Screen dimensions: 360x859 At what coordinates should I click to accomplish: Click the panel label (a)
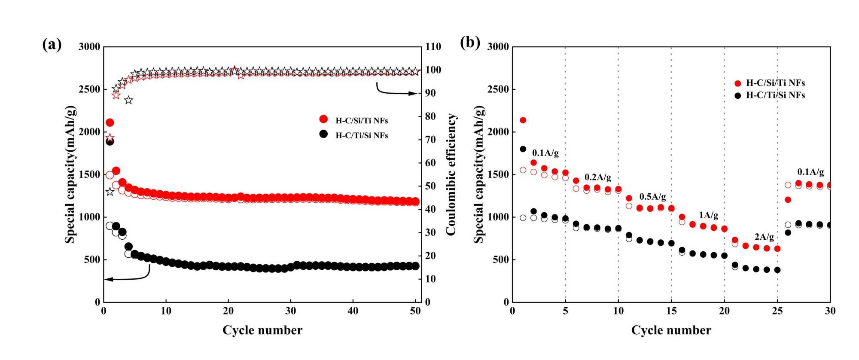click(x=52, y=44)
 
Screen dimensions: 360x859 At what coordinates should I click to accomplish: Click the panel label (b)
click(x=470, y=43)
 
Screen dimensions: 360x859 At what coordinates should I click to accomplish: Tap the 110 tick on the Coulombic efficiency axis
click(x=433, y=47)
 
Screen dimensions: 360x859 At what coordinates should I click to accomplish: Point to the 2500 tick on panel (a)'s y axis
click(x=89, y=89)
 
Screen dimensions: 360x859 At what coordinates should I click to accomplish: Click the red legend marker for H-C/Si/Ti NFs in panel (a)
click(x=323, y=119)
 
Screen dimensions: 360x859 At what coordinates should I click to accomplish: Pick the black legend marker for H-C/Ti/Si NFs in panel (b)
click(x=738, y=95)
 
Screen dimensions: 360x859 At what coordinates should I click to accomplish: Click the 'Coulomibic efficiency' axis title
click(x=451, y=174)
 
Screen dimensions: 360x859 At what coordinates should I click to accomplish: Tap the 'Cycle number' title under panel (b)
click(x=671, y=330)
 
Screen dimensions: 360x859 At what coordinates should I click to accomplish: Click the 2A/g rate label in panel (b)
click(x=764, y=237)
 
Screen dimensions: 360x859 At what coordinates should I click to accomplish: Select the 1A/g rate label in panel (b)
click(x=708, y=215)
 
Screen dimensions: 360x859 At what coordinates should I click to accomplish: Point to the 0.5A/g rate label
click(x=652, y=197)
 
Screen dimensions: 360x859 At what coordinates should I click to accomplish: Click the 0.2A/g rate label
click(x=597, y=177)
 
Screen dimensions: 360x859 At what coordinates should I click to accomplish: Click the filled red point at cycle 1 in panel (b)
click(x=523, y=120)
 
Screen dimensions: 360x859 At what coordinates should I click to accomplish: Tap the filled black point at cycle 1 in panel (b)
click(x=523, y=149)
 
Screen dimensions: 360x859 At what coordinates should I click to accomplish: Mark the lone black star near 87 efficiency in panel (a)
click(x=128, y=100)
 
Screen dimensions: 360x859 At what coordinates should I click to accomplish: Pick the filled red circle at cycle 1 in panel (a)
click(x=110, y=123)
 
